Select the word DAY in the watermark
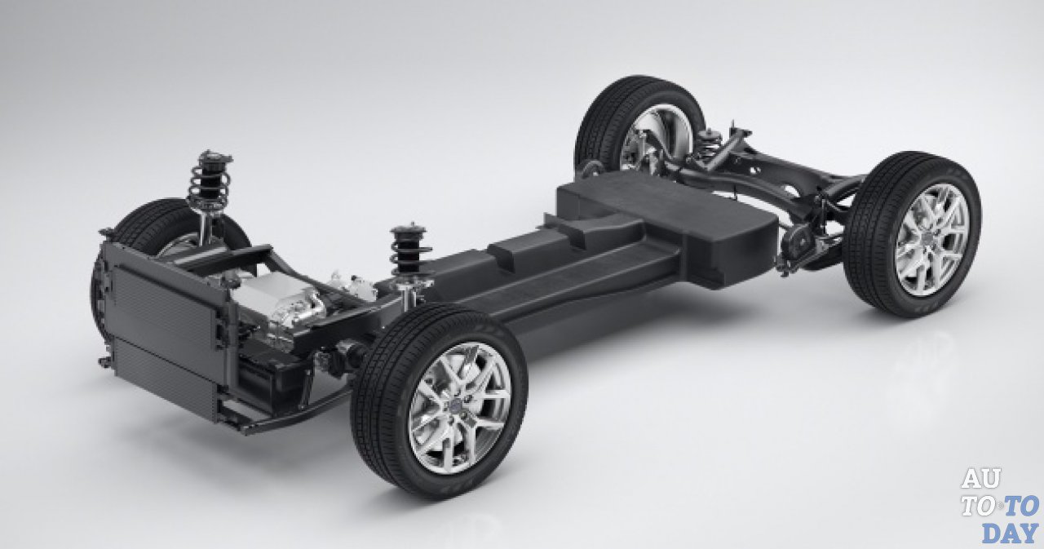1010,533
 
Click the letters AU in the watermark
981,479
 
